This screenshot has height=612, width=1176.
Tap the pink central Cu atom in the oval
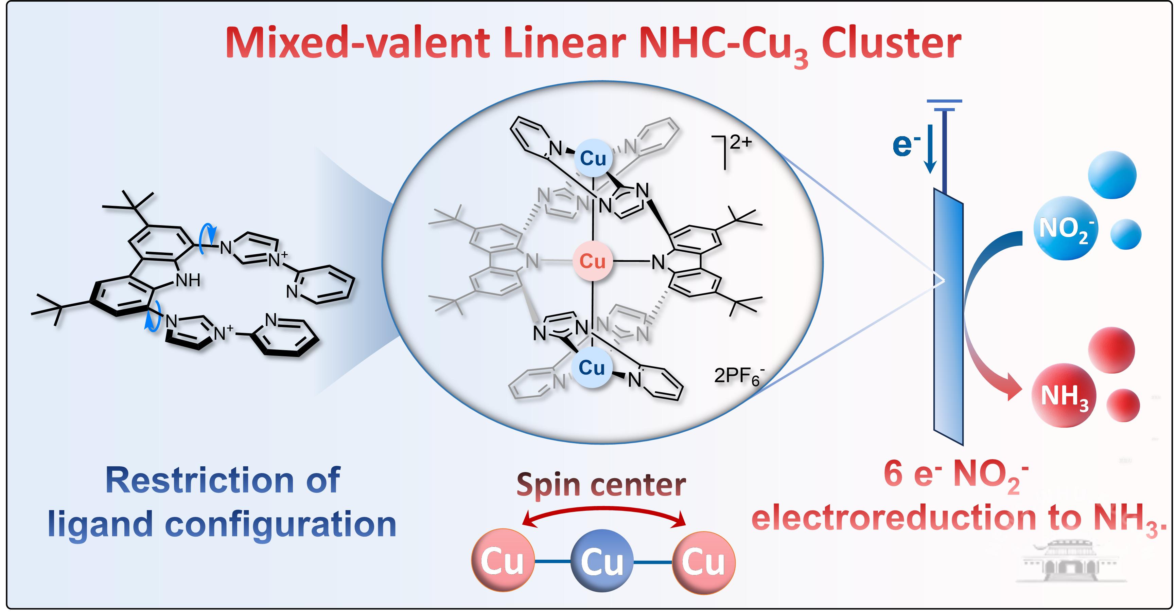592,261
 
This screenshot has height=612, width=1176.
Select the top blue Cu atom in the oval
593,158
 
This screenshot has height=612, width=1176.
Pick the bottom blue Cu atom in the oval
592,367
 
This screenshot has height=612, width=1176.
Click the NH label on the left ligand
188,280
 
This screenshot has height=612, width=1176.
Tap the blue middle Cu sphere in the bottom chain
602,562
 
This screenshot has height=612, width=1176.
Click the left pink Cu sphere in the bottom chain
502,562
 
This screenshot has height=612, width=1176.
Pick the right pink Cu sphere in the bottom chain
703,562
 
